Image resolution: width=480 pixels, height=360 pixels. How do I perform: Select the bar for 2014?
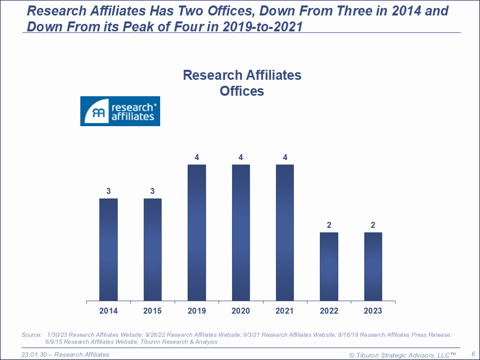(108, 249)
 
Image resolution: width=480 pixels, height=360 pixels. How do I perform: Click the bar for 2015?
(153, 249)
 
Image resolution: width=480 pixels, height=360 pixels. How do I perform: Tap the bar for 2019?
(197, 232)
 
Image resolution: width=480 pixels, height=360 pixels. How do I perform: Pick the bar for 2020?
(241, 232)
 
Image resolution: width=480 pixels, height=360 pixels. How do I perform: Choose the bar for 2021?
(285, 232)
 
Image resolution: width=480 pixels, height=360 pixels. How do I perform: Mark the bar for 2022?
(329, 266)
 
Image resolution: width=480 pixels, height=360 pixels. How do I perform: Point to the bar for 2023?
(373, 266)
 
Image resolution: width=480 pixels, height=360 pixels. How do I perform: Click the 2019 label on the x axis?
(197, 311)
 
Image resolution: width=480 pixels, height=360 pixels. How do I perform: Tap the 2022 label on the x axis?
(329, 311)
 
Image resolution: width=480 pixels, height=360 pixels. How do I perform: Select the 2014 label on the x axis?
(108, 311)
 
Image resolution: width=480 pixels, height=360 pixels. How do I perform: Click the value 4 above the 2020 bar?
(241, 158)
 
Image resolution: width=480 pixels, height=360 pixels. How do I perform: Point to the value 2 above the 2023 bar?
(373, 225)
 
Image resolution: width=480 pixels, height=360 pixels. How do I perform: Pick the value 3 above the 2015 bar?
(153, 191)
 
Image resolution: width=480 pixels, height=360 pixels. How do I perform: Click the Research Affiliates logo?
(120, 111)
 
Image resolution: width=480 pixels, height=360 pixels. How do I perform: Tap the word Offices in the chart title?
(242, 91)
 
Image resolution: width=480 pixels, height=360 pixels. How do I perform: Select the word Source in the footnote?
(31, 335)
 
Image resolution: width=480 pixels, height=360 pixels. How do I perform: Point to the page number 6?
(473, 354)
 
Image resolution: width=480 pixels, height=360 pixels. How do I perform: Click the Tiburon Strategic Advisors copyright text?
(403, 355)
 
